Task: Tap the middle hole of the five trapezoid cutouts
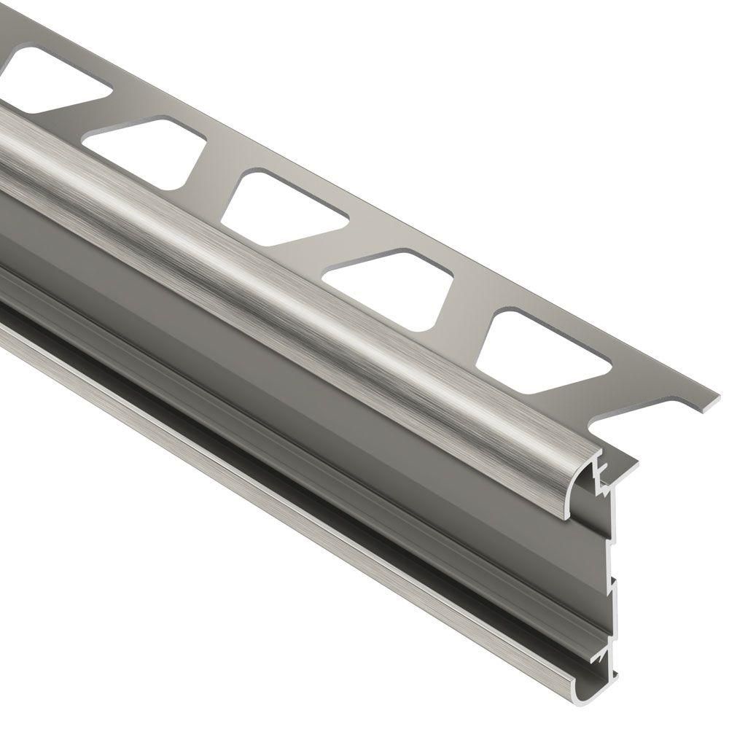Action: coord(284,208)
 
